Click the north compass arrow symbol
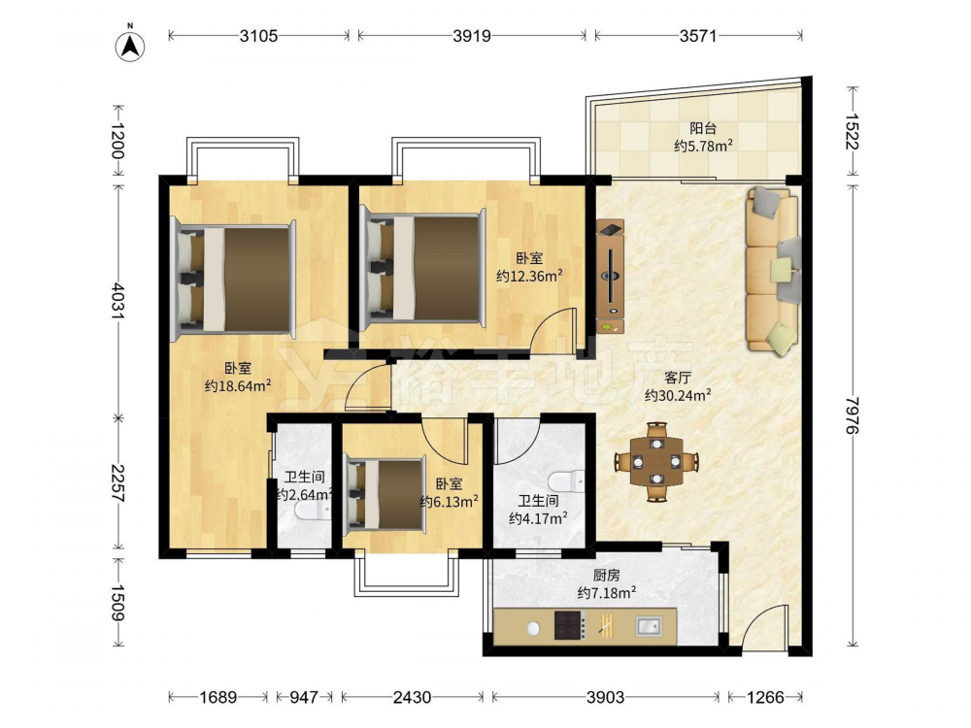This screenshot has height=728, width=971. click(x=130, y=46)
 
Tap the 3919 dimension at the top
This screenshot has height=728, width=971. click(x=471, y=36)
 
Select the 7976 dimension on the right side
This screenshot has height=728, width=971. click(x=853, y=414)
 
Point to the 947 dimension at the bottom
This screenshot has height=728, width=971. click(x=303, y=698)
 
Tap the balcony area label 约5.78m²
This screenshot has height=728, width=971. click(x=703, y=147)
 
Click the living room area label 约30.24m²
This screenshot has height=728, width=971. click(x=678, y=395)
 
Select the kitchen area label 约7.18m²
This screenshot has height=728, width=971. click(x=607, y=592)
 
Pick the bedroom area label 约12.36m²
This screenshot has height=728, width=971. click(x=529, y=276)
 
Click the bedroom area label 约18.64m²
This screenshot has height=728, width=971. click(x=238, y=385)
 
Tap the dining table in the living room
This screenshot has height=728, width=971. click(x=657, y=461)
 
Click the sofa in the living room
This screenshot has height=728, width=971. click(x=773, y=270)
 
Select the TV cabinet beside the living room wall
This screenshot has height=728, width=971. click(x=610, y=276)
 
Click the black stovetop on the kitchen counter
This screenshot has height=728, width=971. click(x=569, y=624)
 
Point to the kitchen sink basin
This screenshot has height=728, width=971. click(x=649, y=626)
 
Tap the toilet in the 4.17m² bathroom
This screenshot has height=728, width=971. click(x=566, y=481)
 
